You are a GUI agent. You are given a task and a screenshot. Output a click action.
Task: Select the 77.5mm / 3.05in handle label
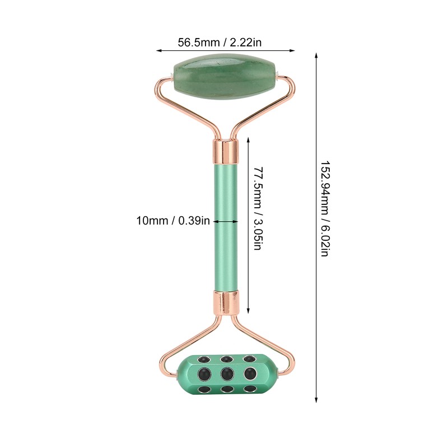coord(257,208)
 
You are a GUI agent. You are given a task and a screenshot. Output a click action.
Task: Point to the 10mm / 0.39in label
coord(173,221)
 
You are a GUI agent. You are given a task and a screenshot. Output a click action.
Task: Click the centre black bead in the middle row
coord(226,372)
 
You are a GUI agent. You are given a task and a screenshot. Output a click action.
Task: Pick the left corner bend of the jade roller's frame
coord(158,84)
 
